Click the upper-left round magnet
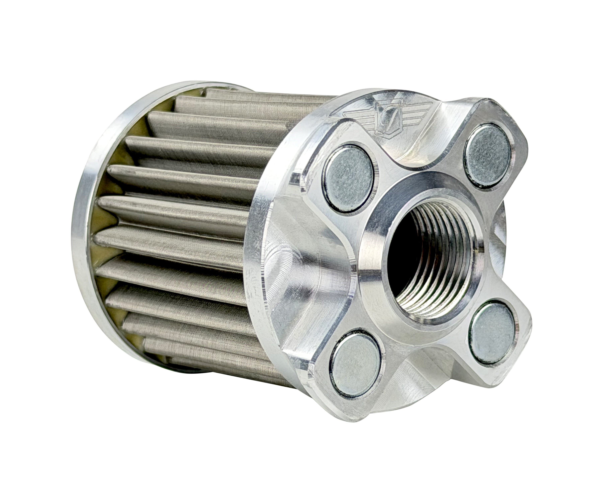click(348, 179)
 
